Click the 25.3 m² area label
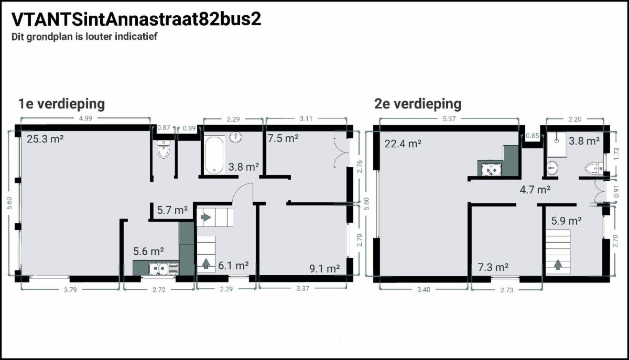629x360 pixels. click(x=45, y=139)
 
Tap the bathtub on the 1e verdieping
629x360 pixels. click(x=214, y=155)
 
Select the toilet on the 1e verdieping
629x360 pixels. click(x=164, y=149)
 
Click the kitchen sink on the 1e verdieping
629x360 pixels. click(x=164, y=269)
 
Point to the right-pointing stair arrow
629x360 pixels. click(x=206, y=217)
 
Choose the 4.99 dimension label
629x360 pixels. click(x=85, y=118)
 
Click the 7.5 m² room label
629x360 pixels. click(x=283, y=138)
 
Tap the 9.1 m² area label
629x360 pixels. click(x=324, y=269)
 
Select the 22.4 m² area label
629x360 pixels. click(x=403, y=144)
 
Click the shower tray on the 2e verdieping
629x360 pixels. click(x=557, y=145)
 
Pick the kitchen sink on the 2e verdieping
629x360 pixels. click(x=490, y=170)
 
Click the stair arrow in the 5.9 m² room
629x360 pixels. click(x=558, y=265)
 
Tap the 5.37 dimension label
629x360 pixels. click(x=449, y=119)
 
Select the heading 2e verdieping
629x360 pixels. click(x=418, y=104)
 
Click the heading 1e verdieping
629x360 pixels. click(x=61, y=104)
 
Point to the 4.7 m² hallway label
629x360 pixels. click(x=535, y=190)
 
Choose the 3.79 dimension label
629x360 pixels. click(x=70, y=290)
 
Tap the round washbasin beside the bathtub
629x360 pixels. click(x=235, y=137)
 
